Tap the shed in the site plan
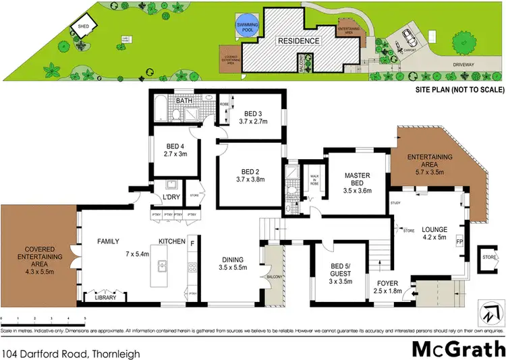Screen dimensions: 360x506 point(84,28)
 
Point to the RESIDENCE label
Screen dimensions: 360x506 point(298,41)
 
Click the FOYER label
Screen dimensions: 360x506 point(387,283)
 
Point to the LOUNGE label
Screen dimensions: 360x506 point(435,229)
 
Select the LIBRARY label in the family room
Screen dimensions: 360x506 point(105,297)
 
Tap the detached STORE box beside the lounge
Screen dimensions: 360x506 point(489,256)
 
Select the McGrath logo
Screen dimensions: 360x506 point(458,332)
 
